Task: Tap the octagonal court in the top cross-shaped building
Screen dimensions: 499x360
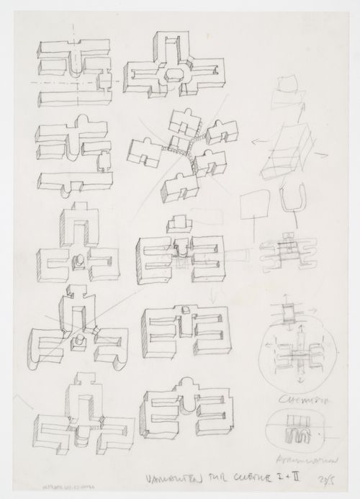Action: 174,73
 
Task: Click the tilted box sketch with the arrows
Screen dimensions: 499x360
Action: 286,151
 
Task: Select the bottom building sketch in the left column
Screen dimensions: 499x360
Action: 76,410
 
